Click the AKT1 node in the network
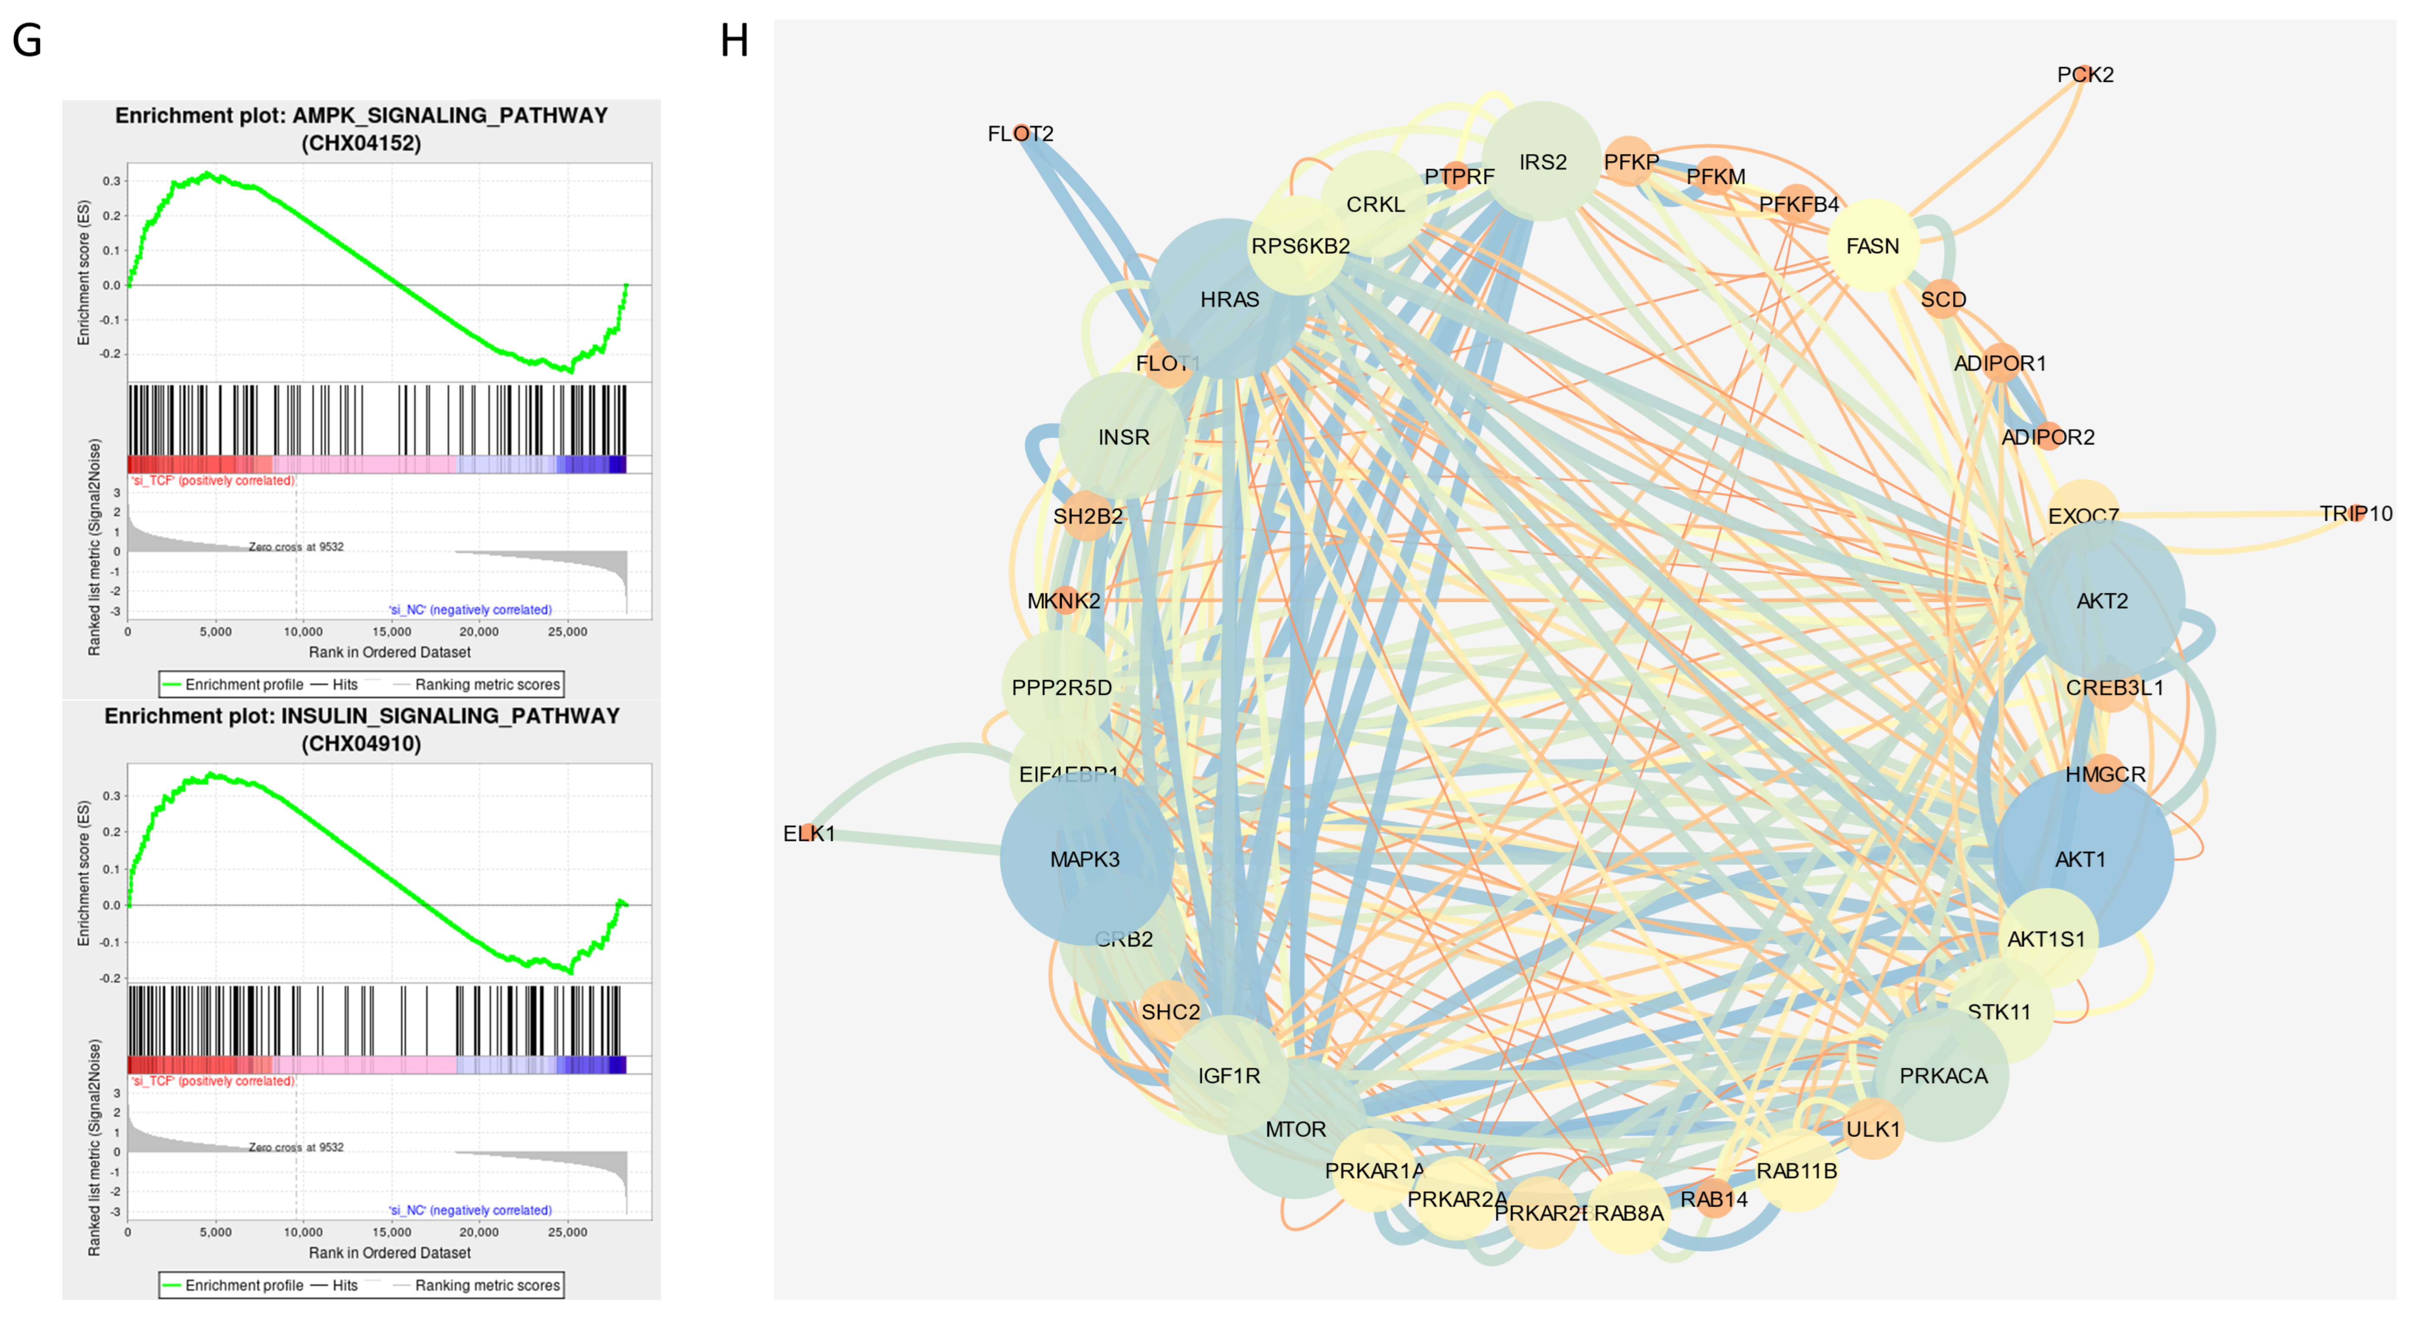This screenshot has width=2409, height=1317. (x=2082, y=859)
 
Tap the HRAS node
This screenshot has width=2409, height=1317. (x=1229, y=299)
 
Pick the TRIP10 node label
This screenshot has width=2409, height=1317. (x=2355, y=514)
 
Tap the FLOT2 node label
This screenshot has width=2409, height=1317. (x=1020, y=134)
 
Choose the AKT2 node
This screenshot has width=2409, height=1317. (x=2102, y=600)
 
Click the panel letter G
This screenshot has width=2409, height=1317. (x=27, y=41)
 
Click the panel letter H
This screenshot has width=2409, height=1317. (x=734, y=41)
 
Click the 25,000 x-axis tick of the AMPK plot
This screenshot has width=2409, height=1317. (x=567, y=631)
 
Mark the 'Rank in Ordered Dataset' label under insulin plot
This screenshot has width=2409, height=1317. (x=390, y=1252)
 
